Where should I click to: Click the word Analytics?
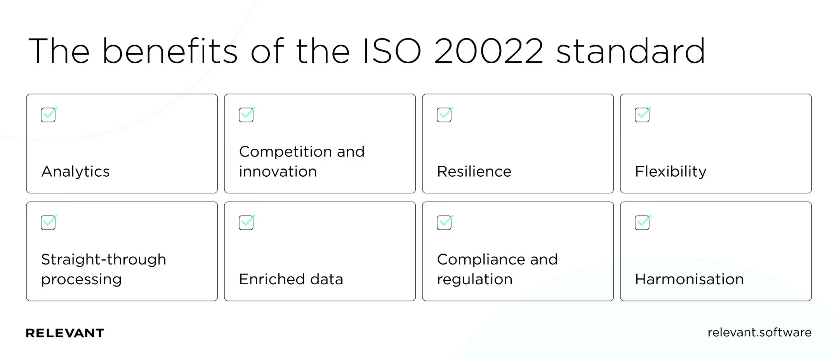(75, 172)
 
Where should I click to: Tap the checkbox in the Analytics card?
(48, 115)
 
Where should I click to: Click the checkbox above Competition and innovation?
(246, 115)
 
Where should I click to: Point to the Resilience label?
(474, 172)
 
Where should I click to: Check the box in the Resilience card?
(444, 115)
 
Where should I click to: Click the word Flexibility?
(671, 172)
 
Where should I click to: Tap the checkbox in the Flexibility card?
(642, 115)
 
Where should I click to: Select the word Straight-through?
(104, 259)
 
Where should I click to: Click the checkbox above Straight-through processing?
(48, 223)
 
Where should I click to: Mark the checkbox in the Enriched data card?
(246, 223)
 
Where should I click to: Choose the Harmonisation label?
(689, 279)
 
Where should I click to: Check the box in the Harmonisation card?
(642, 223)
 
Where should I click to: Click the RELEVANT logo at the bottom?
(65, 333)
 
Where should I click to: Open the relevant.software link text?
(759, 332)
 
